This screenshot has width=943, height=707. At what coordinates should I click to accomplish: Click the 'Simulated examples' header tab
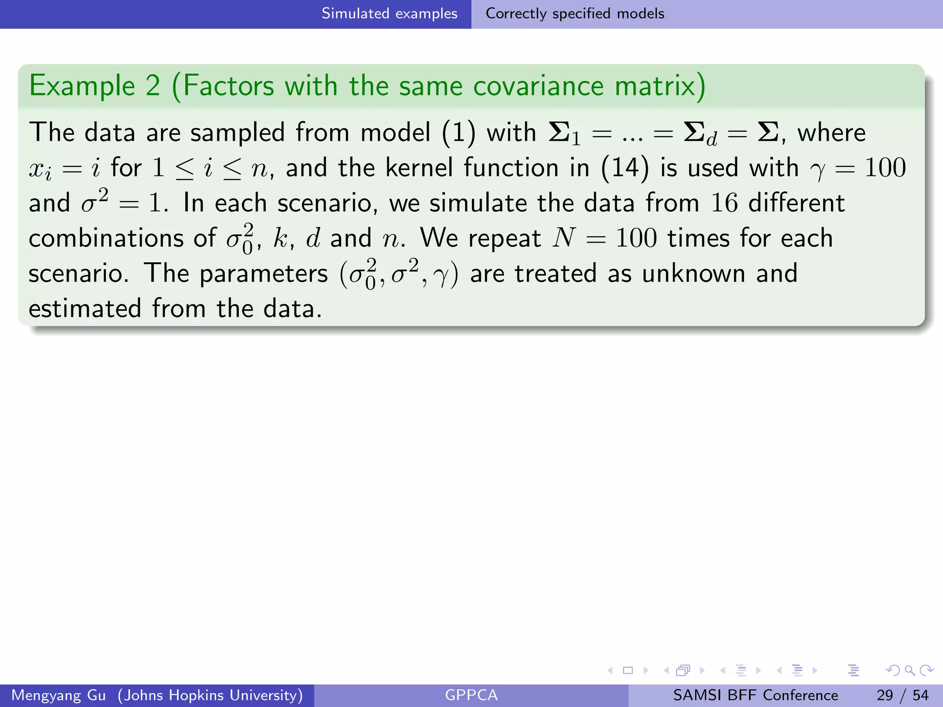pyautogui.click(x=389, y=14)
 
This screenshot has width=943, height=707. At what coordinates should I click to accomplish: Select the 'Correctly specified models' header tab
pyautogui.click(x=575, y=14)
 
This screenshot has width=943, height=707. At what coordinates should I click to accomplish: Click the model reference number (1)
pyautogui.click(x=458, y=133)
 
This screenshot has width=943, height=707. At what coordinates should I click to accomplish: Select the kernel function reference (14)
pyautogui.click(x=625, y=168)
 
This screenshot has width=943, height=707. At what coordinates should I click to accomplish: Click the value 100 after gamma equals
pyautogui.click(x=885, y=168)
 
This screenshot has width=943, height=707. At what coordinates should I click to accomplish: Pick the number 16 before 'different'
pyautogui.click(x=724, y=203)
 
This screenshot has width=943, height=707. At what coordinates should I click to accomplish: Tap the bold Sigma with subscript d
pyautogui.click(x=700, y=134)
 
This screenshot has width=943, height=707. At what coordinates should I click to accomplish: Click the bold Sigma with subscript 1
pyautogui.click(x=565, y=134)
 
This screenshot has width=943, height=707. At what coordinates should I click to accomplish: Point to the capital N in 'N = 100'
pyautogui.click(x=565, y=238)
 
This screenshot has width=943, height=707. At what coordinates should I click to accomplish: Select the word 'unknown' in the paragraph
pyautogui.click(x=693, y=273)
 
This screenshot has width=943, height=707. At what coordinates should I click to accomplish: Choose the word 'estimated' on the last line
pyautogui.click(x=85, y=308)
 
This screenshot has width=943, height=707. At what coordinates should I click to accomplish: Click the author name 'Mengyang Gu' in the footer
pyautogui.click(x=58, y=695)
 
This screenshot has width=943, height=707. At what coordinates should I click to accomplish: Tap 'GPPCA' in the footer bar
pyautogui.click(x=471, y=695)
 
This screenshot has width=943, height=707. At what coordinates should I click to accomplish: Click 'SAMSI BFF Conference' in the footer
pyautogui.click(x=755, y=695)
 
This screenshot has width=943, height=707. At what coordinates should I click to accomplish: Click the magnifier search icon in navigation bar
pyautogui.click(x=909, y=671)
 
